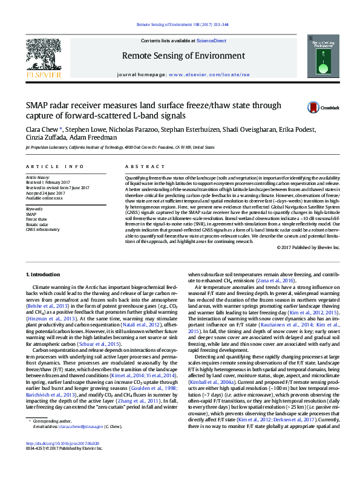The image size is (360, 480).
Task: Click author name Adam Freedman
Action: [x=94, y=137]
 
